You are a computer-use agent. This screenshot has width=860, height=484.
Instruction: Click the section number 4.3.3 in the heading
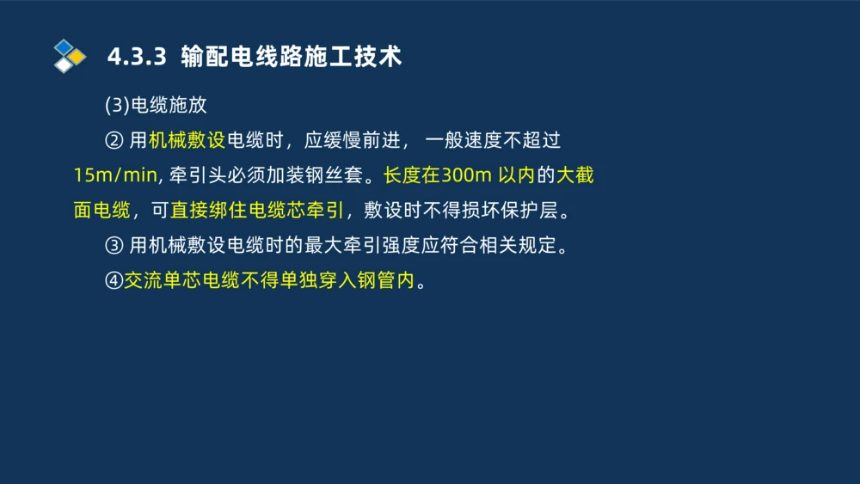point(136,58)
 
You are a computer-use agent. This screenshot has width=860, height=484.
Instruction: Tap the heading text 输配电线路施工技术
point(292,58)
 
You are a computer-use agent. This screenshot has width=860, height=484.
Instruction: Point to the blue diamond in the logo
point(64,46)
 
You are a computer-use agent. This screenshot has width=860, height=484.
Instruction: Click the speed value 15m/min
point(115,175)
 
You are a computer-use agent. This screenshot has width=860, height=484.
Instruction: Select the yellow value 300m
point(466,175)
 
